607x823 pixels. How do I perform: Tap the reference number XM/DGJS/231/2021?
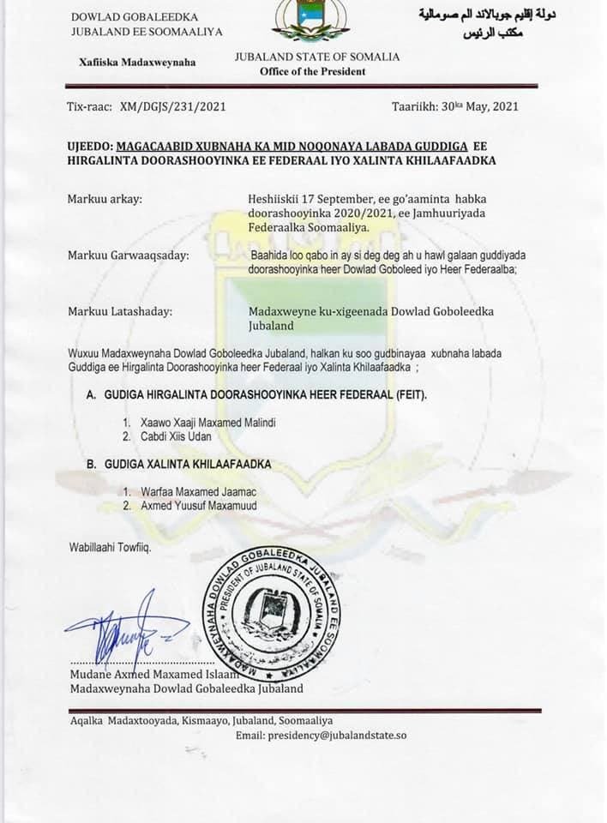[176, 107]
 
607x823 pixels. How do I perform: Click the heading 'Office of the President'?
[313, 71]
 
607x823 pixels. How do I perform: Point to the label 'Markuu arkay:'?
[105, 200]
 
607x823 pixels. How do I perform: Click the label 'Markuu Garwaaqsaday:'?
[129, 255]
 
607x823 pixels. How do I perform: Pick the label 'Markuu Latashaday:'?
[119, 312]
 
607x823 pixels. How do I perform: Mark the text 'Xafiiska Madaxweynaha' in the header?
[137, 62]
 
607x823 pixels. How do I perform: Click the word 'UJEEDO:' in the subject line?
[89, 146]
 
